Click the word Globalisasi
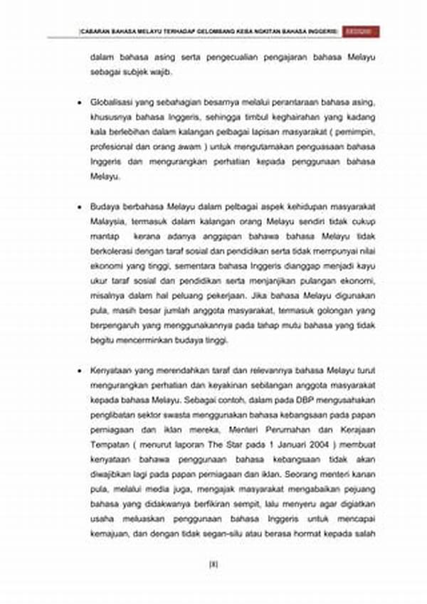click(x=112, y=103)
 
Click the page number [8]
click(x=213, y=565)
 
